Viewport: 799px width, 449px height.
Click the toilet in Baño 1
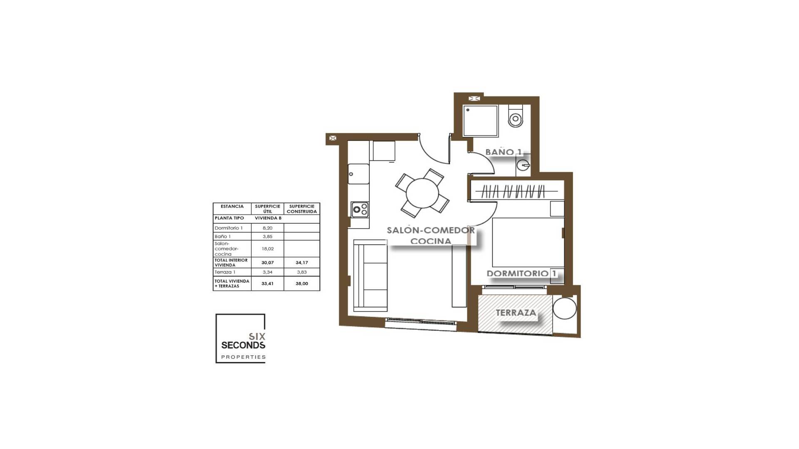[516, 117]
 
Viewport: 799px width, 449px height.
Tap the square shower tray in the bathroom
[481, 121]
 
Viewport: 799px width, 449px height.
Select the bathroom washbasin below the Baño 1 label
[523, 165]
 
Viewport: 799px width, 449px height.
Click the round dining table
[422, 194]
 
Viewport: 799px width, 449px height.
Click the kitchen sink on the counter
[358, 174]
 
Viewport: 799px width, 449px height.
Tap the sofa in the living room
[370, 275]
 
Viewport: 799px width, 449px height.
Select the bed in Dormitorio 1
[528, 242]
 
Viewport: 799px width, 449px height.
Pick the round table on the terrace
[564, 308]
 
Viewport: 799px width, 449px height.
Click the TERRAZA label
[516, 313]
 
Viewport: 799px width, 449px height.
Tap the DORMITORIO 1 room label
[521, 274]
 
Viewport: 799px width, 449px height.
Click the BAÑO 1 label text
[503, 152]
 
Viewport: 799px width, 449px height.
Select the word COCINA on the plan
[430, 241]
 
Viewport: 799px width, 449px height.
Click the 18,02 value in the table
[268, 249]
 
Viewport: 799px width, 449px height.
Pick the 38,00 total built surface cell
[302, 284]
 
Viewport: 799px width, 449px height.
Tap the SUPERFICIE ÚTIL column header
[268, 209]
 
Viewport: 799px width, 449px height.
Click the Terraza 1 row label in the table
[225, 272]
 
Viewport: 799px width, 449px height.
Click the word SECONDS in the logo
[243, 345]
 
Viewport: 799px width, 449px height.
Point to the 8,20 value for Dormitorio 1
[268, 228]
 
